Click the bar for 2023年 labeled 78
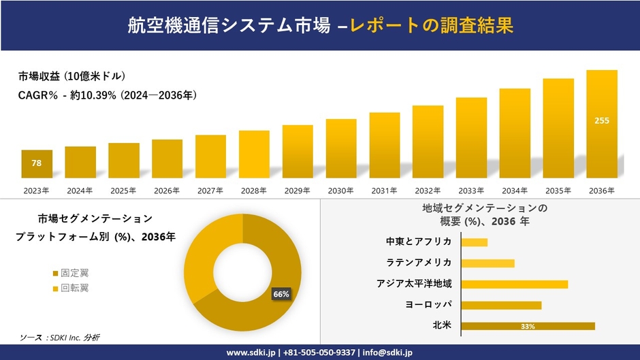(x=37, y=164)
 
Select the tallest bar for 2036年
(x=602, y=124)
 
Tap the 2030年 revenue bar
(x=341, y=148)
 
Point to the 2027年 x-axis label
(x=210, y=191)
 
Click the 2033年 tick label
(x=471, y=191)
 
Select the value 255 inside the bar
(x=602, y=121)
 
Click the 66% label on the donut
(x=281, y=294)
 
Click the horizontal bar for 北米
(x=528, y=326)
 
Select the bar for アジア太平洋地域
(x=514, y=284)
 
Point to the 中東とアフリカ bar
(x=475, y=242)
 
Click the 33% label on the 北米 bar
(x=528, y=327)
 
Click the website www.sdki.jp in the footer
(x=251, y=353)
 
